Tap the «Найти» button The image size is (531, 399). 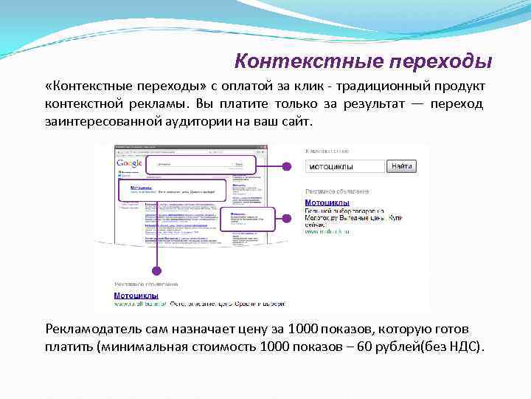pyautogui.click(x=401, y=167)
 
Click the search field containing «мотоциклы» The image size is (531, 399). pyautogui.click(x=344, y=167)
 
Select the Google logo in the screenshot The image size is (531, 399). pyautogui.click(x=128, y=163)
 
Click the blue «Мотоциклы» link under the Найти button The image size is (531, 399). pyautogui.click(x=327, y=202)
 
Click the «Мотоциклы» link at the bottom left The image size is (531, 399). pyautogui.click(x=136, y=295)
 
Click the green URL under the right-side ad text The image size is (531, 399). pyautogui.click(x=327, y=231)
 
